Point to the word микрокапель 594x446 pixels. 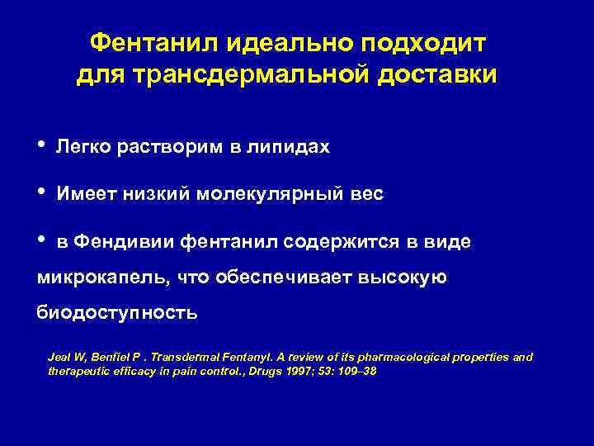101,278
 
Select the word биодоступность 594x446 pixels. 116,313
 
